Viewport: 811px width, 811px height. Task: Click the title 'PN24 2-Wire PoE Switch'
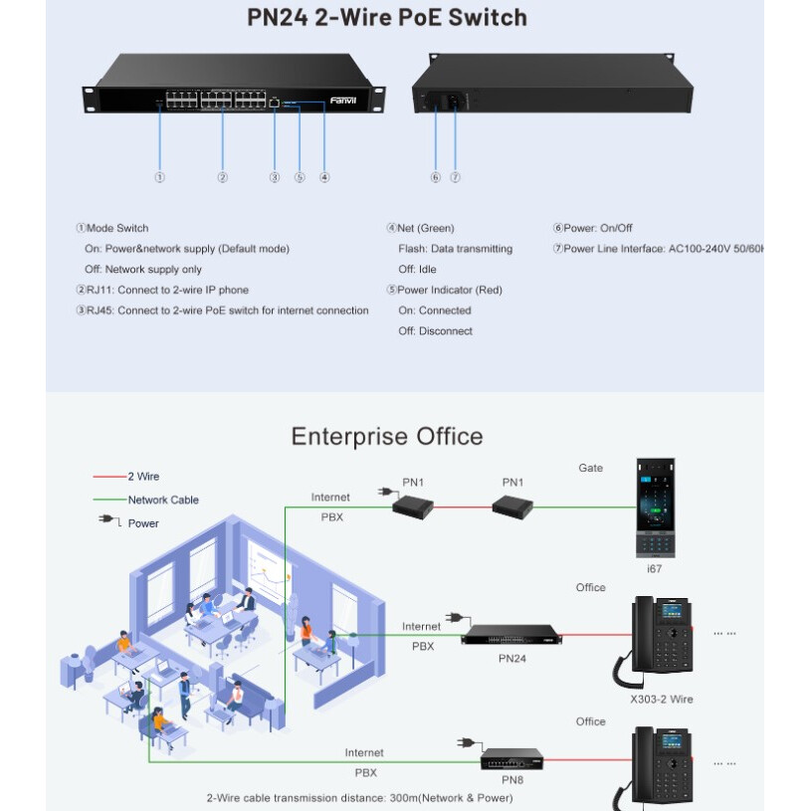click(387, 18)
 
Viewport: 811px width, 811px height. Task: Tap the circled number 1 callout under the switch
click(159, 177)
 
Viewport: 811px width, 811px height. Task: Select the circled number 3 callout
click(275, 177)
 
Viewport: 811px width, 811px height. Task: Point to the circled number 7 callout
click(455, 177)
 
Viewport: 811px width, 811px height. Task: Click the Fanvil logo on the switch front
click(341, 101)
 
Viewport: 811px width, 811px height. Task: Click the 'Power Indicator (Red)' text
click(449, 290)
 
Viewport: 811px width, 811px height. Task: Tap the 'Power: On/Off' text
click(597, 228)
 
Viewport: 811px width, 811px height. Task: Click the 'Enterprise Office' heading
click(387, 437)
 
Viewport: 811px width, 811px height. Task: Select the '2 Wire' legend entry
click(142, 477)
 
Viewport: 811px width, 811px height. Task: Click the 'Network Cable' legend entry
click(163, 500)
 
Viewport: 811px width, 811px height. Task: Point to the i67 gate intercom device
click(654, 507)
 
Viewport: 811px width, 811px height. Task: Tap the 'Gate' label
click(591, 468)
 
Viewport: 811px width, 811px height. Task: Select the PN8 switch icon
click(511, 760)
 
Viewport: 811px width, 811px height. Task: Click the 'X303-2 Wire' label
click(662, 700)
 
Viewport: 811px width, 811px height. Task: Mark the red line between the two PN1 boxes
click(462, 507)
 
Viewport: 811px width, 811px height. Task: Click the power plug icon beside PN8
click(465, 742)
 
